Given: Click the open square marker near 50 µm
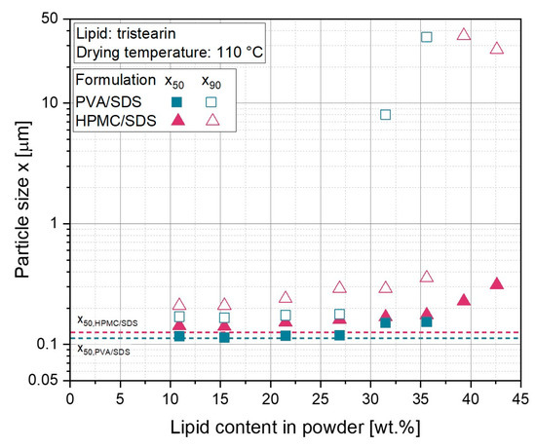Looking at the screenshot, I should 426,37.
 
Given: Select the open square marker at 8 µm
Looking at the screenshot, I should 385,115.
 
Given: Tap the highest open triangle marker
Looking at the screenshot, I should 464,34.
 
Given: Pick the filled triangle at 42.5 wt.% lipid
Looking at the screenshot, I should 496,283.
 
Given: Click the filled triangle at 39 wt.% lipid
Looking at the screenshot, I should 464,300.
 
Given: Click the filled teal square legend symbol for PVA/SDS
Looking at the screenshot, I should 176,101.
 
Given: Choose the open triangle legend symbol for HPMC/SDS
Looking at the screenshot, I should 210,120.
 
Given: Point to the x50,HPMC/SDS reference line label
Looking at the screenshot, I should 107,320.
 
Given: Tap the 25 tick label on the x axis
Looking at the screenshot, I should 320,399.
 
